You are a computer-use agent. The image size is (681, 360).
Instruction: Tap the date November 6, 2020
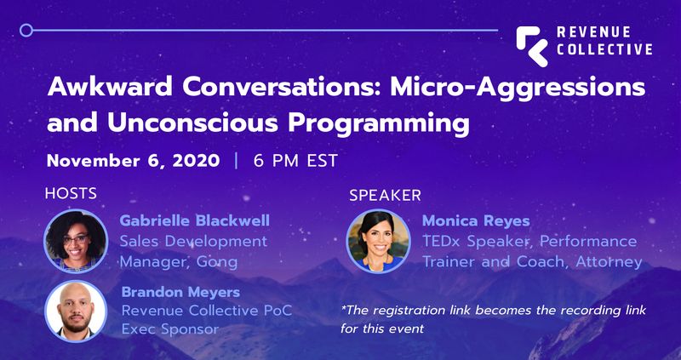pos(133,161)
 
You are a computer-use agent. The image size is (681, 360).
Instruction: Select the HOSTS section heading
pos(70,193)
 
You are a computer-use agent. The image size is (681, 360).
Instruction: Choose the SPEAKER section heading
pos(385,195)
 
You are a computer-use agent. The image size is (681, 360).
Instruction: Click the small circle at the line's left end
pos(26,30)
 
